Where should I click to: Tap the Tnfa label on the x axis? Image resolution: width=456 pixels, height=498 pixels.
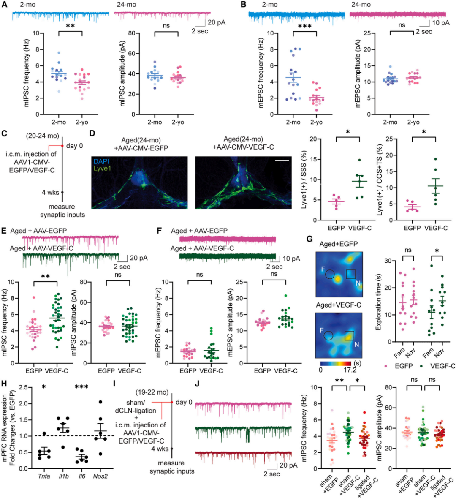tap(43, 476)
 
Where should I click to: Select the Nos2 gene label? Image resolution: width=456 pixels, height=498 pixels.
tap(100, 476)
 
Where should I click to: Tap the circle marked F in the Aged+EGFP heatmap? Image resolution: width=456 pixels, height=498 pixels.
tap(330, 275)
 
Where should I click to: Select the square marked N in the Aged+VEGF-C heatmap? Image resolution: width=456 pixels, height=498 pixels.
tap(349, 335)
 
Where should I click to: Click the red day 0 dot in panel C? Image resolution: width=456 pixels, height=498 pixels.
tap(62, 146)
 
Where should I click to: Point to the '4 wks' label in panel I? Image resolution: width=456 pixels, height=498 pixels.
tap(160, 449)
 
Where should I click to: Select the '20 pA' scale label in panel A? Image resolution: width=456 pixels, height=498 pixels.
tap(217, 22)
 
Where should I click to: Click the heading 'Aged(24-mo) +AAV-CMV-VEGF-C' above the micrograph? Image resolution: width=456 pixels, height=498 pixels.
tap(243, 143)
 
